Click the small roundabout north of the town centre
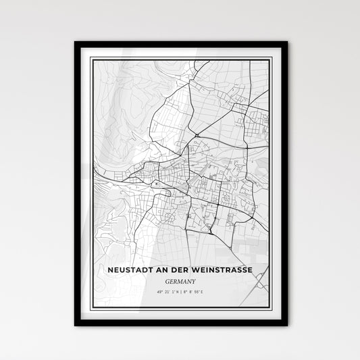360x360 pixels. [196, 135]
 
